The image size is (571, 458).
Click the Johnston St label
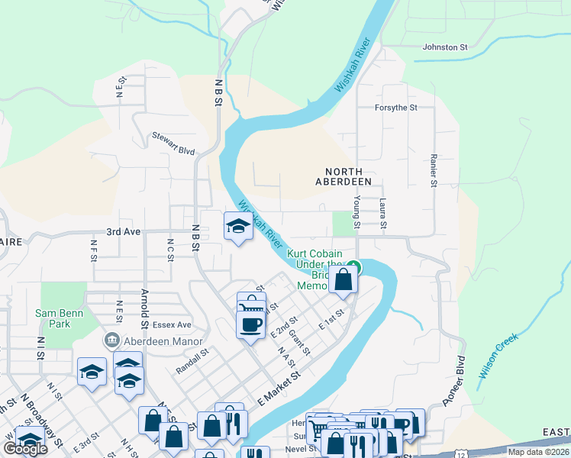click(x=444, y=47)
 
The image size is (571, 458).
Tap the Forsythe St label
click(x=395, y=108)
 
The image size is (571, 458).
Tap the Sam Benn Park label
click(x=53, y=318)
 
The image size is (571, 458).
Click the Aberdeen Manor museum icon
click(x=112, y=340)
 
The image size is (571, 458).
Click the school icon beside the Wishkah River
click(x=237, y=227)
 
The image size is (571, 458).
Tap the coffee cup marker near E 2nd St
click(x=250, y=325)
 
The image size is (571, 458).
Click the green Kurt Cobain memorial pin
click(x=353, y=267)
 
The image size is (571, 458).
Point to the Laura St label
click(x=383, y=213)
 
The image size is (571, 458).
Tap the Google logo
click(x=25, y=449)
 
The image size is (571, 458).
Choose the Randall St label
click(x=192, y=358)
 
